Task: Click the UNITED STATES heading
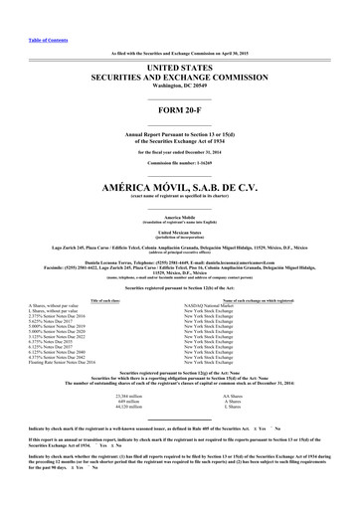179,65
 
